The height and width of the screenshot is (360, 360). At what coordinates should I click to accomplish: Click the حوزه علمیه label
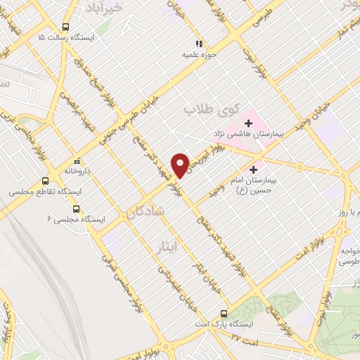coord(199,54)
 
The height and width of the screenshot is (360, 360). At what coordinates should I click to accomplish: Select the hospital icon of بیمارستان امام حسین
coord(254,169)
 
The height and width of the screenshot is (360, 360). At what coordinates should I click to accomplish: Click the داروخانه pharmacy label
coord(79,171)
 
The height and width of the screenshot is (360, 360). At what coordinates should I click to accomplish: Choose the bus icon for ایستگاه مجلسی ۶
coord(77,210)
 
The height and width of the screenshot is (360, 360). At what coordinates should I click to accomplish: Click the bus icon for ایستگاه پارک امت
coord(224,314)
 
